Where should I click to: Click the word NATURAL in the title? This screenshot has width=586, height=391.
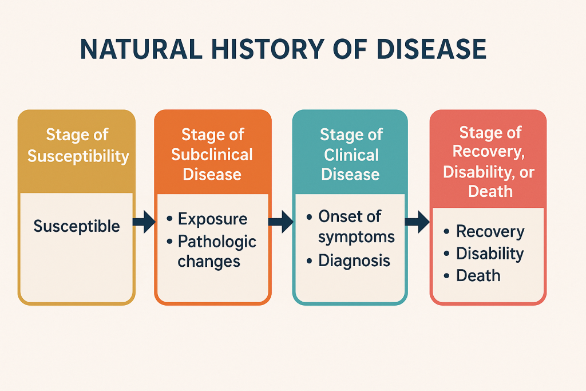141,49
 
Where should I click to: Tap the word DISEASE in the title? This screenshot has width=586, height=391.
431,49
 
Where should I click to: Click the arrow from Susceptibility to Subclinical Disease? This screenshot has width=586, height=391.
144,222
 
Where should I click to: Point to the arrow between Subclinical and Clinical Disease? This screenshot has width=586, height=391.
281,222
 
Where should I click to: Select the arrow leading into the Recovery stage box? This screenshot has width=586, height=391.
417,222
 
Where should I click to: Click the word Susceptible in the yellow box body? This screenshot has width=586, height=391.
77,227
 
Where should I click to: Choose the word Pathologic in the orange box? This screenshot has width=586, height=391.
217,242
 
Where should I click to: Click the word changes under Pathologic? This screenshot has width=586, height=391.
209,262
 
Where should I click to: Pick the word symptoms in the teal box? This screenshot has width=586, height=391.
357,238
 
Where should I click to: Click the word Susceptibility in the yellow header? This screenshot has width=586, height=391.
78,156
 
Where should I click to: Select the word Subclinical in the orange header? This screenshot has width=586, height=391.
212,155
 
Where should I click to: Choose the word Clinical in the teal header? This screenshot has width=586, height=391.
351,155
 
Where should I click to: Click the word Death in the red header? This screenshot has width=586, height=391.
490,191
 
